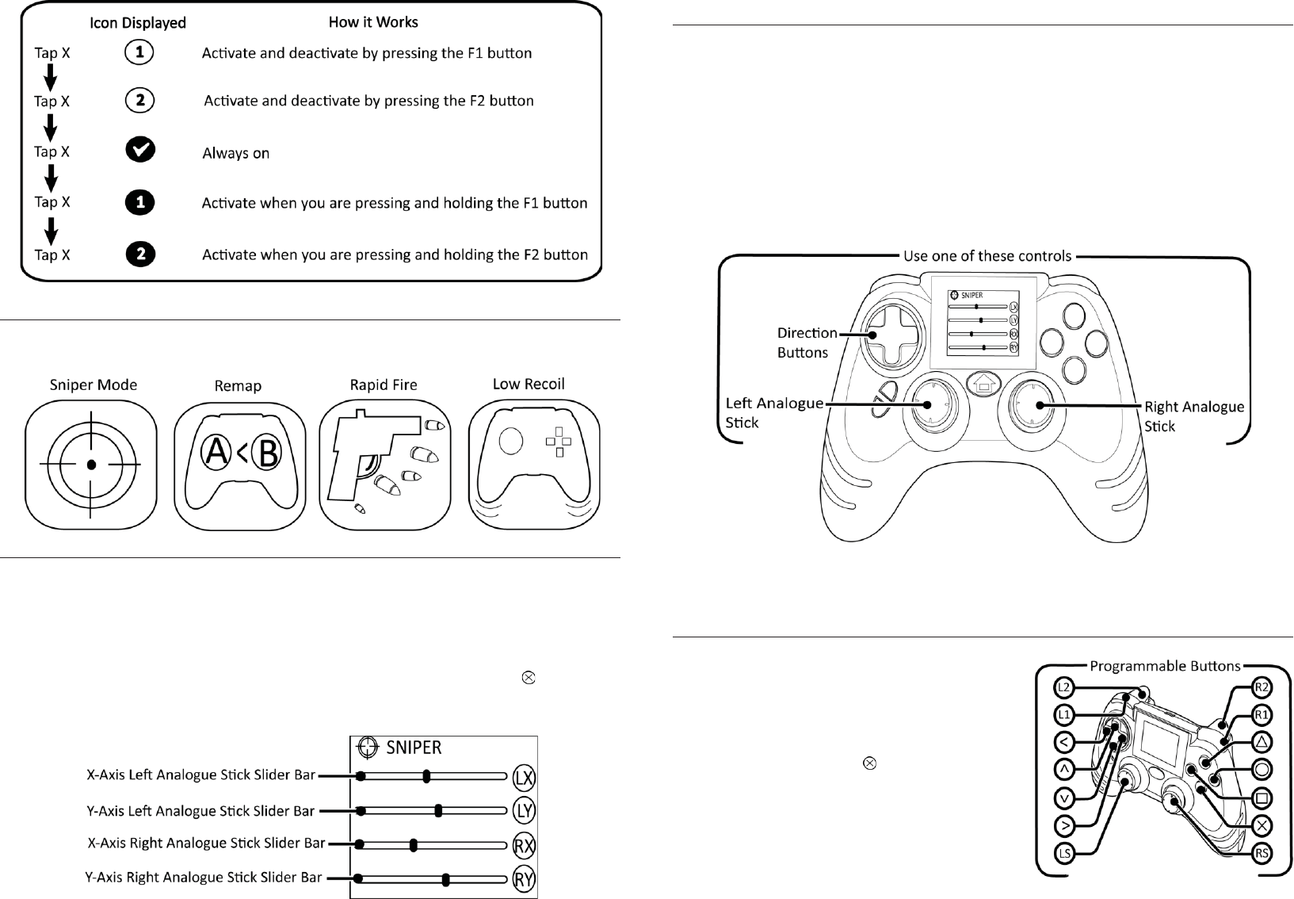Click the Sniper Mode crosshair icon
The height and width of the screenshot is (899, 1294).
91,465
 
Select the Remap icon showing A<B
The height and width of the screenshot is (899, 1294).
239,465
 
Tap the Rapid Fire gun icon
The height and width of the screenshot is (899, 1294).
384,465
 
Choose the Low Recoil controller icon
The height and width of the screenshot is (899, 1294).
534,465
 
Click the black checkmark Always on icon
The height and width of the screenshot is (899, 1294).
140,151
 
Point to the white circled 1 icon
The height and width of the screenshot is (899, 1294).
139,53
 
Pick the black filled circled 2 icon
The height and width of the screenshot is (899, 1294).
140,254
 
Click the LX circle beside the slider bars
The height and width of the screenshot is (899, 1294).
524,778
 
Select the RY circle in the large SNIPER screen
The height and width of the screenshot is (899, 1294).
524,878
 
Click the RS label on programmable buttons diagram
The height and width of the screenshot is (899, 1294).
1262,853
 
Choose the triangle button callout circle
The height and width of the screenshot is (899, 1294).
1262,742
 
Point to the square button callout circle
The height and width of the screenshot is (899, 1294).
1262,797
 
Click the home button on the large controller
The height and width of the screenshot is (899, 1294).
984,384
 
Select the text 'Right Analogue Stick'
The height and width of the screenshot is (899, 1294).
1193,416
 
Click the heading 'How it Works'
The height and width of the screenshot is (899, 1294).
373,22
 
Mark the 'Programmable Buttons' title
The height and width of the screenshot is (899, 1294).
1165,666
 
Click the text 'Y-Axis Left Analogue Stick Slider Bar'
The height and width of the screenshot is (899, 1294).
200,811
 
